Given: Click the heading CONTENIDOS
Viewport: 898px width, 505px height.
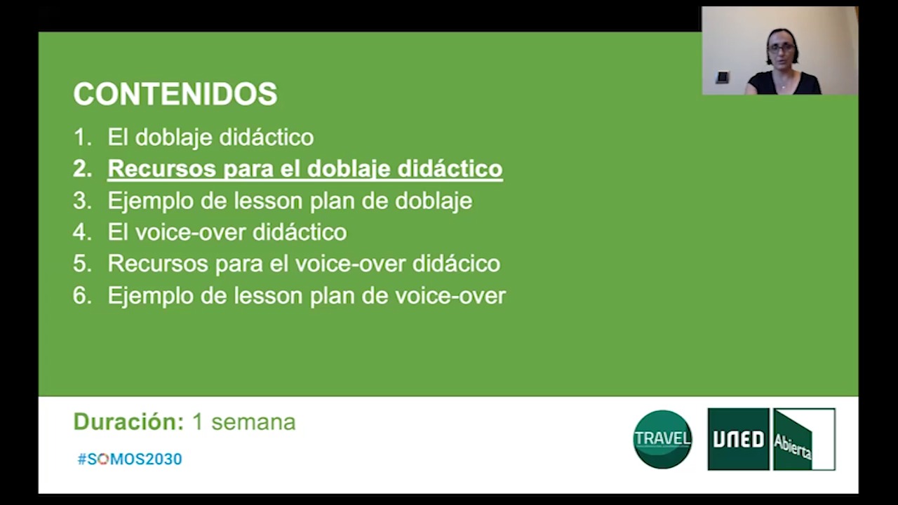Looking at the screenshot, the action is point(175,94).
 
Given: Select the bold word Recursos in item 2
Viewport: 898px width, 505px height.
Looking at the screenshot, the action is point(162,168).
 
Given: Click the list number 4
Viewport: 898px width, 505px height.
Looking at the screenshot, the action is point(83,232).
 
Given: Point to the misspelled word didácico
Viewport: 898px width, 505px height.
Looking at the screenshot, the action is point(456,263).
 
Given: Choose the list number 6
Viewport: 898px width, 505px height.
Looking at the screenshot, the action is point(83,295).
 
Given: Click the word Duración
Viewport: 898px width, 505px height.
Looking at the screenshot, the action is point(128,422).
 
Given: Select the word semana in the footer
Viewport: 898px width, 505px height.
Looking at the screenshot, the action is point(253,422).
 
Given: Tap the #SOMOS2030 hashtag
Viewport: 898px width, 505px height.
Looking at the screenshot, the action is point(130,459).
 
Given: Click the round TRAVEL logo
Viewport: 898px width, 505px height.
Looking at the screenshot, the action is point(662,439).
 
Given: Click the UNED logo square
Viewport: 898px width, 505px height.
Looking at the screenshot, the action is point(739,439).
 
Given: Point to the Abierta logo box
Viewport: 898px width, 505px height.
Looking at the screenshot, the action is point(804,439).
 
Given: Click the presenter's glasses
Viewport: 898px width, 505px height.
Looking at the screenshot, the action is point(782,48).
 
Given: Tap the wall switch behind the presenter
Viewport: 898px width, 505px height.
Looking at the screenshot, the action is point(723,77).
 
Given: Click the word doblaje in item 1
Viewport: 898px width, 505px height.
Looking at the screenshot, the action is point(173,138).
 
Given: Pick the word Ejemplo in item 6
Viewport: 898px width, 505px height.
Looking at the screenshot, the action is point(151,297).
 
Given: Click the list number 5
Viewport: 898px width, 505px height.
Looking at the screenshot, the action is point(83,264).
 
